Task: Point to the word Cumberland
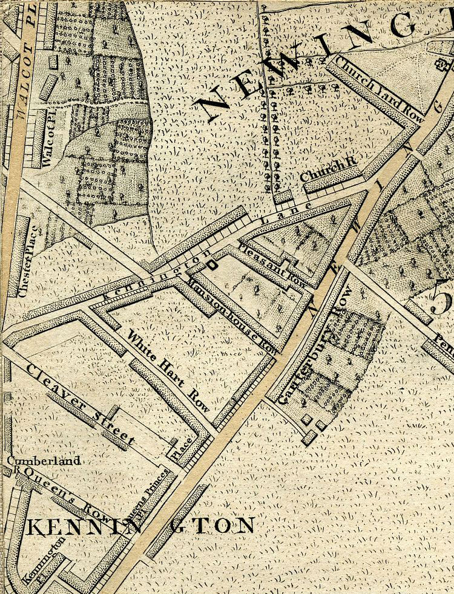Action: click(x=44, y=461)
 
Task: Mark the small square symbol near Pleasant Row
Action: click(x=212, y=264)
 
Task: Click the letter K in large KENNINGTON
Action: click(x=35, y=527)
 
